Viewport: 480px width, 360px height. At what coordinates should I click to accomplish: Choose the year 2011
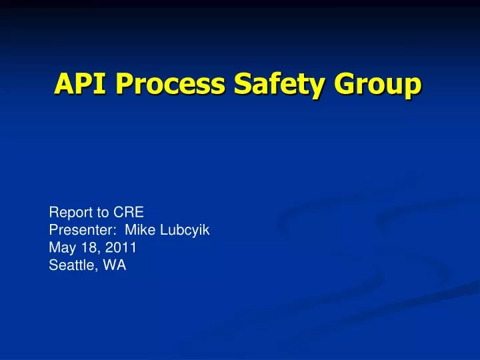click(123, 249)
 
